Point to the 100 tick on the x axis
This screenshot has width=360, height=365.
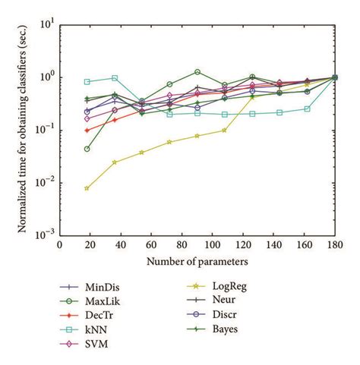coord(197,245)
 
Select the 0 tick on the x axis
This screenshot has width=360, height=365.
coord(60,245)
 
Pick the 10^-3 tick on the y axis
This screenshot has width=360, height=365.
coord(46,235)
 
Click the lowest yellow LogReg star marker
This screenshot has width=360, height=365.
coord(87,188)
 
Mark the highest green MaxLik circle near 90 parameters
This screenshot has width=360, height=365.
coord(197,72)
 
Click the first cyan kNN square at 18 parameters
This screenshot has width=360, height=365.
coord(87,81)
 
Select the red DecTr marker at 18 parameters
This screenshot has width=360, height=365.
coord(87,131)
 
